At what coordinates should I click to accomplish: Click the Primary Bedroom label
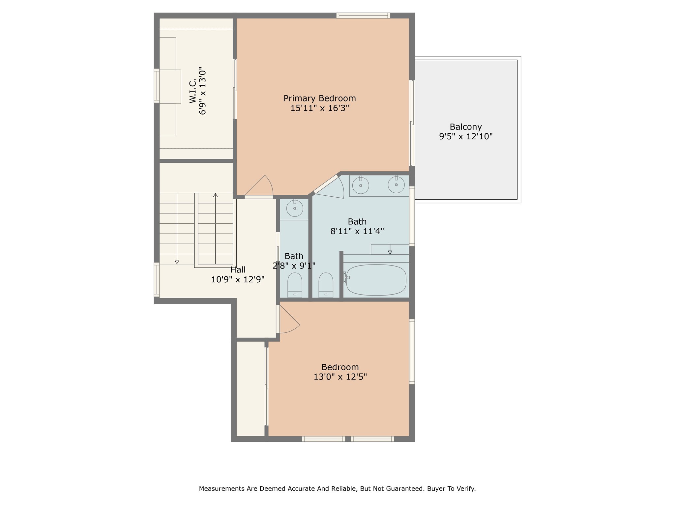click(319, 98)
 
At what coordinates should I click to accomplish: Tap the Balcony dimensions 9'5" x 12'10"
click(466, 136)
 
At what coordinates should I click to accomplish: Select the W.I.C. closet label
click(193, 91)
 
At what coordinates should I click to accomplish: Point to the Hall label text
click(238, 269)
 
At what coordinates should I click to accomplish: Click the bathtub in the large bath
click(376, 280)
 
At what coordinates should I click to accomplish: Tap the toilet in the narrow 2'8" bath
click(295, 285)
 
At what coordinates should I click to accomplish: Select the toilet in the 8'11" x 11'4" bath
click(326, 285)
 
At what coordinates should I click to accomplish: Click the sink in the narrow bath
click(295, 208)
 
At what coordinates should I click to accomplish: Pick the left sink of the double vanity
click(361, 185)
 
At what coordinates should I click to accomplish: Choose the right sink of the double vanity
click(396, 184)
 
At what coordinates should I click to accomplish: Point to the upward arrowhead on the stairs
click(215, 195)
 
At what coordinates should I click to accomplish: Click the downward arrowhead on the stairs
click(177, 262)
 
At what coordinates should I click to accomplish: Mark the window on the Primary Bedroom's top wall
click(363, 15)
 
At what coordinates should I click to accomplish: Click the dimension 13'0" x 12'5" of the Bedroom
click(340, 377)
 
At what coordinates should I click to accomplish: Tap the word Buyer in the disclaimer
click(435, 489)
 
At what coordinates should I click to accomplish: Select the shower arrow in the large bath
click(390, 249)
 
